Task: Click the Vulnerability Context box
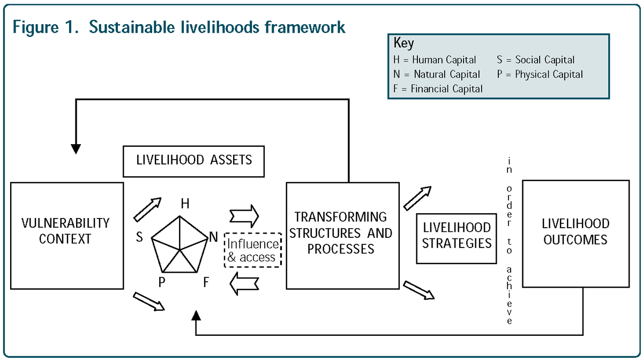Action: [67, 236]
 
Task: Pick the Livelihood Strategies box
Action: [457, 236]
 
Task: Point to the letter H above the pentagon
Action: [185, 204]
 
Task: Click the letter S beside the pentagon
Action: [139, 237]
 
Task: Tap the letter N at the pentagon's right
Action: [213, 236]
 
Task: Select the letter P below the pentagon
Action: [161, 282]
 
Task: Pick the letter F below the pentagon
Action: [206, 282]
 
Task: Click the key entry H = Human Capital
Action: [435, 61]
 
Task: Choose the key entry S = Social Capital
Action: [535, 61]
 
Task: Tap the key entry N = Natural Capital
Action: [437, 74]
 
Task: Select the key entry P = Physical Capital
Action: [540, 74]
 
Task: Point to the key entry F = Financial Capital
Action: [438, 89]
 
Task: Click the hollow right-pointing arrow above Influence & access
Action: [244, 216]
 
